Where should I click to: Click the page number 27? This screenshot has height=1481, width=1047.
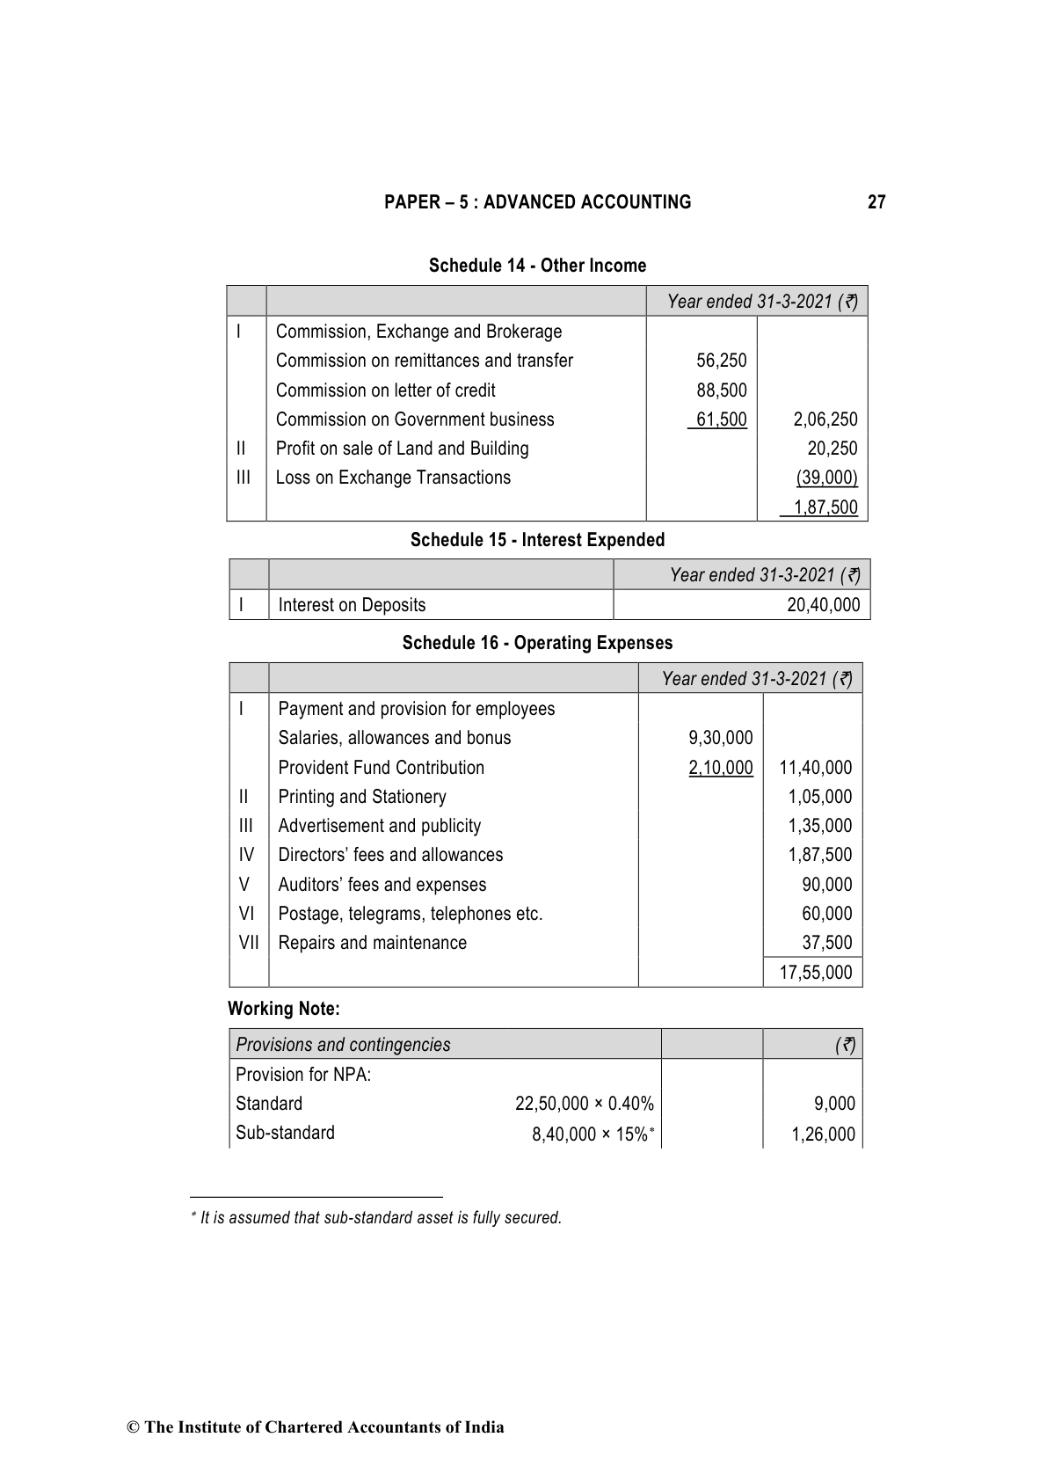tap(876, 202)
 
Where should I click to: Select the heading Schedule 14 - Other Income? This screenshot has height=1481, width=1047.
tap(537, 266)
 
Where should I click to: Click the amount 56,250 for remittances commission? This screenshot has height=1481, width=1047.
tap(722, 361)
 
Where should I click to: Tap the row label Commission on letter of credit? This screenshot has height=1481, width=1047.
tap(385, 390)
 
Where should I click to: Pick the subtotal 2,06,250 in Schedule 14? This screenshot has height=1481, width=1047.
tap(825, 419)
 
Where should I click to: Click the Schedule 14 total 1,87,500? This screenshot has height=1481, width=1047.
tap(825, 507)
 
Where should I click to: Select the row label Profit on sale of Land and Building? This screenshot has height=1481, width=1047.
tap(402, 449)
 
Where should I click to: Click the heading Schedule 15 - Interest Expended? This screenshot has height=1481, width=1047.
tap(537, 540)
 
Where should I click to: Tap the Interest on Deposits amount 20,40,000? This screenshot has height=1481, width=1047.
tap(823, 605)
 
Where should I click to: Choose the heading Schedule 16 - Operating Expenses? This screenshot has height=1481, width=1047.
tap(537, 643)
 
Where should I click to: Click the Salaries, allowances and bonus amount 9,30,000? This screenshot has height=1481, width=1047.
tap(721, 738)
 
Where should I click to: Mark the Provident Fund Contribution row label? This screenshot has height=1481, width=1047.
tap(381, 768)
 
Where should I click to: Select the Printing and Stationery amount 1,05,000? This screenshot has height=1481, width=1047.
tap(819, 797)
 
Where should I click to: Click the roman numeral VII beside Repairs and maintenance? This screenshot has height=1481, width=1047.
tap(249, 943)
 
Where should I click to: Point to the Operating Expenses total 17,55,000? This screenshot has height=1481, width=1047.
tap(815, 973)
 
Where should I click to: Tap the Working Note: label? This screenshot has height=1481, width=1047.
tap(283, 1009)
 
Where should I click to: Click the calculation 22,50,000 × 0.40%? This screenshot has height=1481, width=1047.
tap(584, 1104)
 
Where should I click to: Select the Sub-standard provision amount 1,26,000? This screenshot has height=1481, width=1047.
tap(823, 1134)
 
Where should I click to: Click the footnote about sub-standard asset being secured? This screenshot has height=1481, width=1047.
tap(381, 1218)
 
